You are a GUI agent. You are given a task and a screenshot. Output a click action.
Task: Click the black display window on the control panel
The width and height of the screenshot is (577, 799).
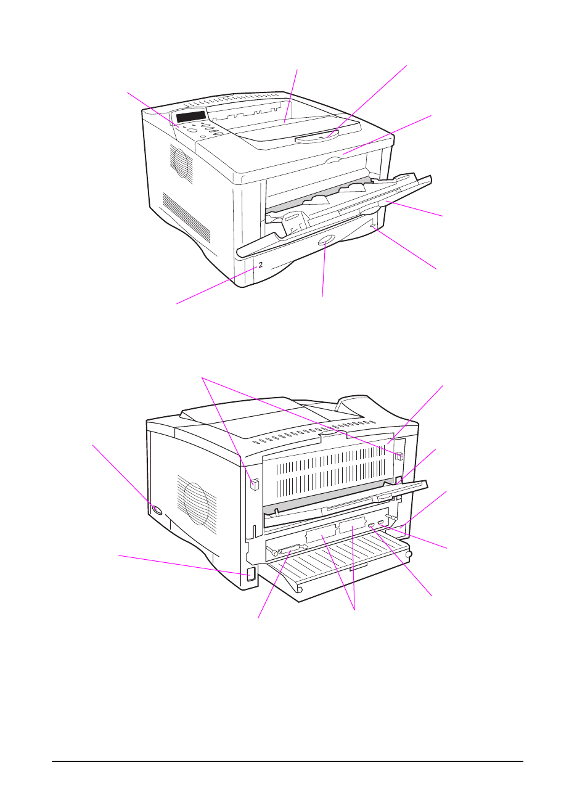[190, 117]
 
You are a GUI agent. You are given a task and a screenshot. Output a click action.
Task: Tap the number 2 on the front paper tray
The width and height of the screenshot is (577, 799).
[261, 265]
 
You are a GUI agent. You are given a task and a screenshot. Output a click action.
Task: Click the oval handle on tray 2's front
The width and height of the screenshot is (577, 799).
[327, 241]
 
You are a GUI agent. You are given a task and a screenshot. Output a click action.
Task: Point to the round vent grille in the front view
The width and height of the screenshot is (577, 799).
[180, 163]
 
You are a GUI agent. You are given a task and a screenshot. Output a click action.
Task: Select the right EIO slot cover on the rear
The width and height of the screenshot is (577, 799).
[353, 527]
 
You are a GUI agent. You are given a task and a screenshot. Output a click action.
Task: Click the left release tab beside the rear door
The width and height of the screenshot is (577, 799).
[254, 485]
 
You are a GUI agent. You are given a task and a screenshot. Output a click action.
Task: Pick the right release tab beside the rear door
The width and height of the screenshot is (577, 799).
[399, 457]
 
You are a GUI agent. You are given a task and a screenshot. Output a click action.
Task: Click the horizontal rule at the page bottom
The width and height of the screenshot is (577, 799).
[287, 761]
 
